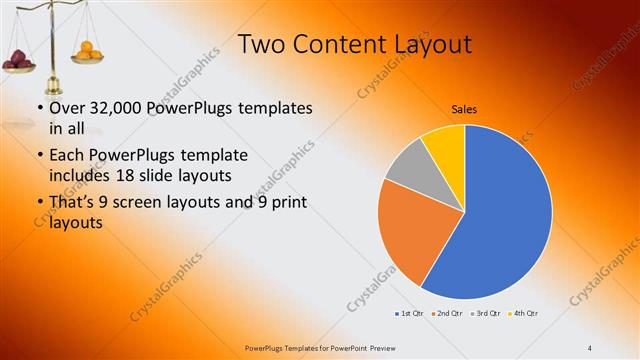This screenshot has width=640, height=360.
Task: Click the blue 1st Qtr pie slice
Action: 505,215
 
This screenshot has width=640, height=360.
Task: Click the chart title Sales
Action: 464,108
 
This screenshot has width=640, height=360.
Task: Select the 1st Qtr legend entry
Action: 410,314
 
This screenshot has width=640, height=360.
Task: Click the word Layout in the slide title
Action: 422,44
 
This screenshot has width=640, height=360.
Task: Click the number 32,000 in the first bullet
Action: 114,108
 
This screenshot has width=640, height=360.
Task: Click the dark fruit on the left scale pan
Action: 20,59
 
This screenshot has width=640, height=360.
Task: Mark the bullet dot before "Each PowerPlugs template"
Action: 39,156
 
